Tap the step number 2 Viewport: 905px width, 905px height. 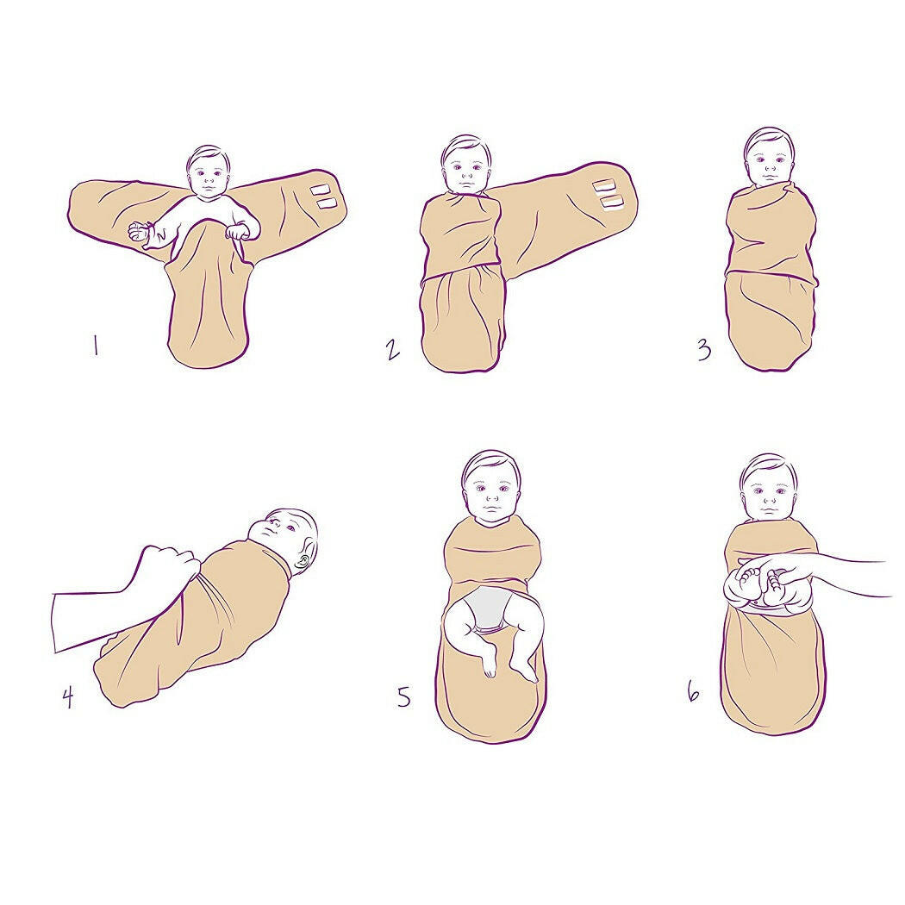tap(392, 350)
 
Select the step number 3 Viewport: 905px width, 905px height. tap(704, 350)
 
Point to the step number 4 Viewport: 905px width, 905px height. tap(68, 698)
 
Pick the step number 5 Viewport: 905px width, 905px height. tap(404, 696)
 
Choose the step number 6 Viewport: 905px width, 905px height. tap(694, 691)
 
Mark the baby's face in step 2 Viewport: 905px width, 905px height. tap(465, 172)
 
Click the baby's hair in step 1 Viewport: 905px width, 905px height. tap(208, 154)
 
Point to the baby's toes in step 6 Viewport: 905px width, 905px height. tap(751, 574)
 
